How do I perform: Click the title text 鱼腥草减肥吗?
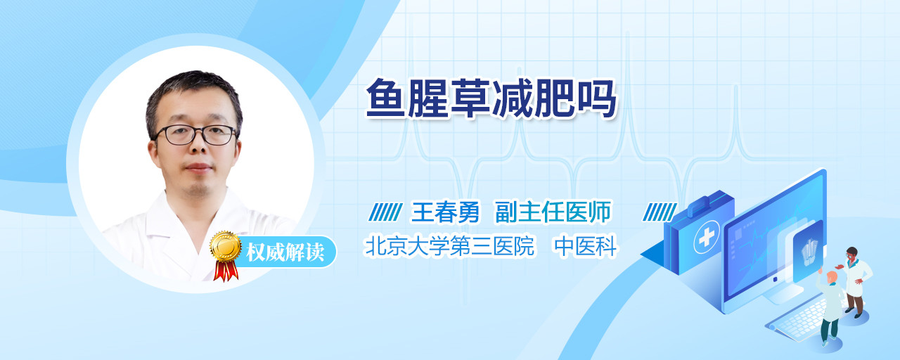[491, 98]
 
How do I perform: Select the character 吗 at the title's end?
[597, 98]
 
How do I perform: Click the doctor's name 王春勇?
[445, 212]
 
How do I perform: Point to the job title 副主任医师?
[553, 212]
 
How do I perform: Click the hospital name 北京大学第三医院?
[449, 246]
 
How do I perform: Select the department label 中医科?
[586, 246]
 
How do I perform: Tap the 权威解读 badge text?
[285, 252]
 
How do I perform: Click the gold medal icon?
[226, 247]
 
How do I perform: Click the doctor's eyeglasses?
[195, 135]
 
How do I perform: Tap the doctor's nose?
[198, 146]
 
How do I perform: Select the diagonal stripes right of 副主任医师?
[660, 212]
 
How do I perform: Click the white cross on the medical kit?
[707, 238]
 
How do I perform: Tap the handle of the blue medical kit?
[705, 203]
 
